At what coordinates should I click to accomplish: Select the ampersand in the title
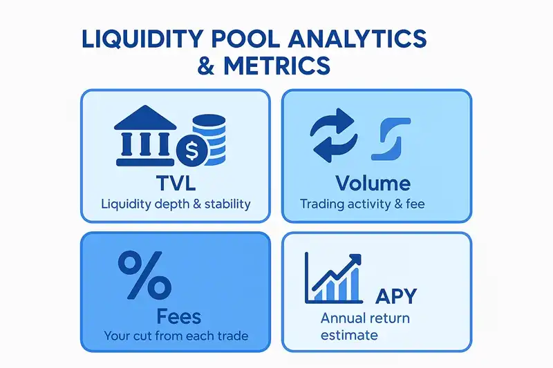click(x=208, y=67)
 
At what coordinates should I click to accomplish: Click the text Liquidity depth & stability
click(x=175, y=204)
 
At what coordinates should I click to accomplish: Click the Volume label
click(x=373, y=183)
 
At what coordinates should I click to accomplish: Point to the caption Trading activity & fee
click(x=364, y=204)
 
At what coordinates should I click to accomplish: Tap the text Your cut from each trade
click(x=176, y=336)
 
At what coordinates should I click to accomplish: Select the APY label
click(x=397, y=296)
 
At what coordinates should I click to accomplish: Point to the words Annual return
click(x=365, y=319)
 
